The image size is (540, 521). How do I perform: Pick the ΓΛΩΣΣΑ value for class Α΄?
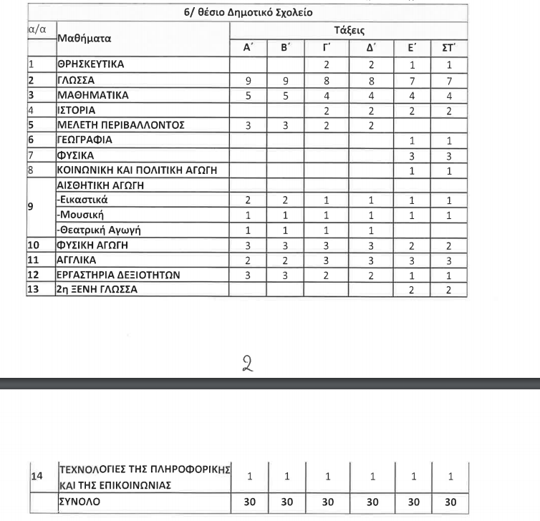pos(247,80)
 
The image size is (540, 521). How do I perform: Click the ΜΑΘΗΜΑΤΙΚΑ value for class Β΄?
pos(286,95)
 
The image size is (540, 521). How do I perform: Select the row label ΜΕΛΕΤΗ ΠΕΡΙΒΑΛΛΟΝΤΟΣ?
pos(121,125)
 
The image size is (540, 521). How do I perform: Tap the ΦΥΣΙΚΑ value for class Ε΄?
pos(412,155)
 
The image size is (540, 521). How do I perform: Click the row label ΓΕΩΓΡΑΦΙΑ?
pos(85,140)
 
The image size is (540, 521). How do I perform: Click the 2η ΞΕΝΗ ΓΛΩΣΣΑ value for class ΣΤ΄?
pos(450,290)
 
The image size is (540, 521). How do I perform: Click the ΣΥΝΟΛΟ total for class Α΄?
pos(249,502)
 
